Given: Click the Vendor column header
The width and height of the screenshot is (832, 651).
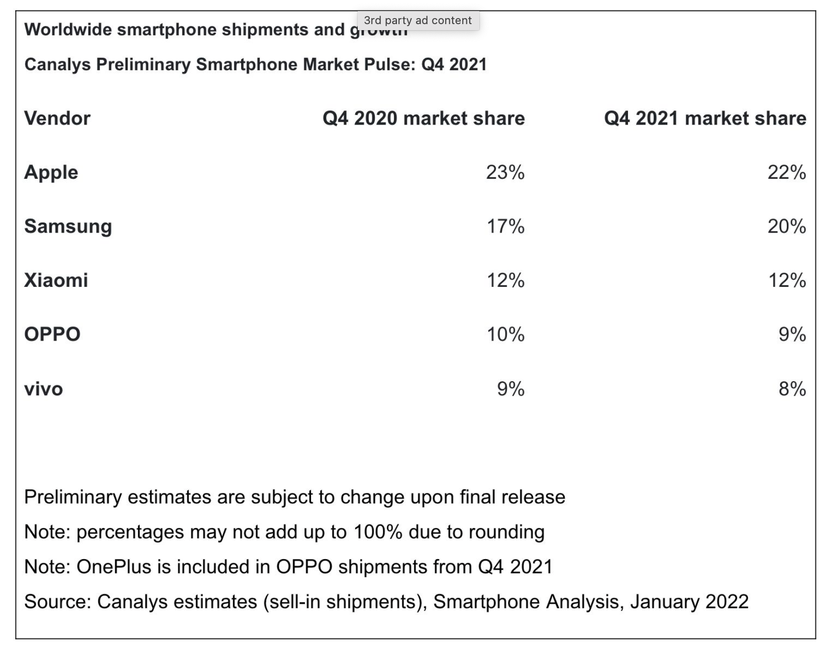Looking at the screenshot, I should click(x=57, y=119).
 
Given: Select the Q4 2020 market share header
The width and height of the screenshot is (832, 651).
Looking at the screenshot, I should click(x=424, y=119).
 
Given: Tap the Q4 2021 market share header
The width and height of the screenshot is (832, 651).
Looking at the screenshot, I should click(x=705, y=119).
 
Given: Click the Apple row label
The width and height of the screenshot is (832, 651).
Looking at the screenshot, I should click(x=51, y=172).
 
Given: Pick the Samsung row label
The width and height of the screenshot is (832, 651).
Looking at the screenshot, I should click(x=68, y=227).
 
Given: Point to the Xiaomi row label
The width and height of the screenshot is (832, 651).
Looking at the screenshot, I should click(x=56, y=280).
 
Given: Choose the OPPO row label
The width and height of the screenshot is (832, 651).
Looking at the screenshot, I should click(x=52, y=335).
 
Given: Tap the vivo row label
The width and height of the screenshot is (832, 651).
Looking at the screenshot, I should click(x=44, y=389).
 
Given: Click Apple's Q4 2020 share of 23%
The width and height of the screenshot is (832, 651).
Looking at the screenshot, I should click(x=505, y=172).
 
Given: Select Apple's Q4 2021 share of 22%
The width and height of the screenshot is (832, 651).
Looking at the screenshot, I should click(x=786, y=172).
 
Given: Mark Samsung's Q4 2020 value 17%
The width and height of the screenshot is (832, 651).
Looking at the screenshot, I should click(x=505, y=227).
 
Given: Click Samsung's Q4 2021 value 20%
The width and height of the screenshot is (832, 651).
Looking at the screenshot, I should click(x=786, y=227).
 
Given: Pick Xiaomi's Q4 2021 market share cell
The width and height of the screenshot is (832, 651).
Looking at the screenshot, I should click(x=787, y=280).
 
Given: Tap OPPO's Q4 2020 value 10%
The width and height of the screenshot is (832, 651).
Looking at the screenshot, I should click(x=505, y=335).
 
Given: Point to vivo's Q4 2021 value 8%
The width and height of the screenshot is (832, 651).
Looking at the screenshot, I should click(x=792, y=389).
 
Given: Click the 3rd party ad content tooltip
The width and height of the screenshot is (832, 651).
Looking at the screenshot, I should click(x=418, y=21).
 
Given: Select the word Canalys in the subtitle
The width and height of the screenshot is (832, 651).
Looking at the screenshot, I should click(x=58, y=65).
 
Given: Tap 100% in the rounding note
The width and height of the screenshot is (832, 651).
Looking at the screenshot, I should click(x=378, y=532).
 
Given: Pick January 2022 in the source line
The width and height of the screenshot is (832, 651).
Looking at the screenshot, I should click(x=689, y=602).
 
